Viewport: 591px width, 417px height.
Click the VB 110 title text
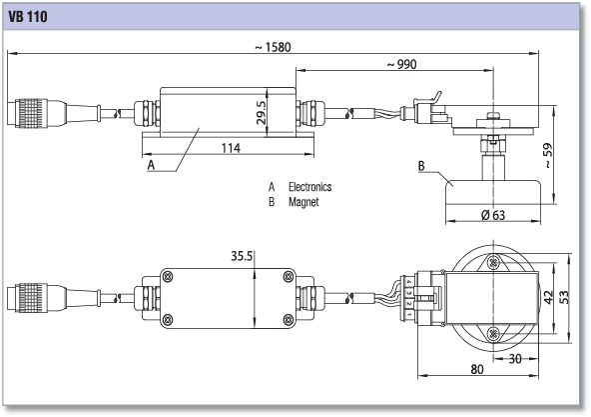(28, 17)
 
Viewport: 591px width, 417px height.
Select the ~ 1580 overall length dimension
(274, 47)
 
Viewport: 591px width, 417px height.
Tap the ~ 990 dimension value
(402, 65)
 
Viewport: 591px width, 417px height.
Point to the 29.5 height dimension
(261, 112)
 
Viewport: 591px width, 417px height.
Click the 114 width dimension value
(231, 148)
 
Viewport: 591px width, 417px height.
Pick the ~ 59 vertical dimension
(548, 156)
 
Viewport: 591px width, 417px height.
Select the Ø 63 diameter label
(493, 215)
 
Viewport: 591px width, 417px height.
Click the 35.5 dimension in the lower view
(242, 256)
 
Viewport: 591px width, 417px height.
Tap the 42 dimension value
(549, 297)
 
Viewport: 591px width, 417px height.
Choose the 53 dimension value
(564, 297)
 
